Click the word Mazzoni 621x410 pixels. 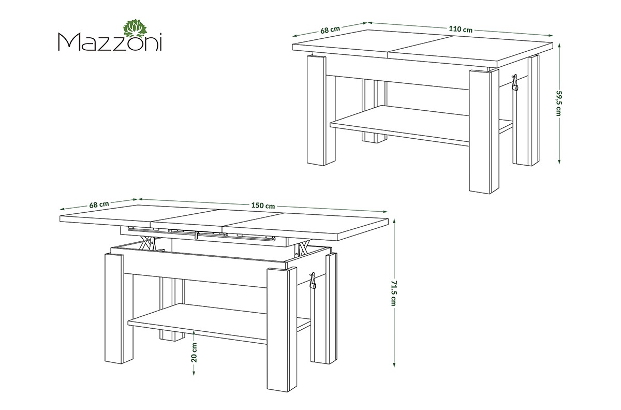click(110, 42)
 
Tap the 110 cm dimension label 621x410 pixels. click(461, 29)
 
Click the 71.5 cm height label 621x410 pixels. click(394, 293)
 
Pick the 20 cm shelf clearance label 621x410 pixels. click(194, 353)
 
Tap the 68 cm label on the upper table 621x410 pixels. click(330, 30)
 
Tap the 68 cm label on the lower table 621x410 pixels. click(99, 204)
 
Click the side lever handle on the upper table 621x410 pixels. click(515, 83)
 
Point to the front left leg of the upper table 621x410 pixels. click(316, 110)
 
